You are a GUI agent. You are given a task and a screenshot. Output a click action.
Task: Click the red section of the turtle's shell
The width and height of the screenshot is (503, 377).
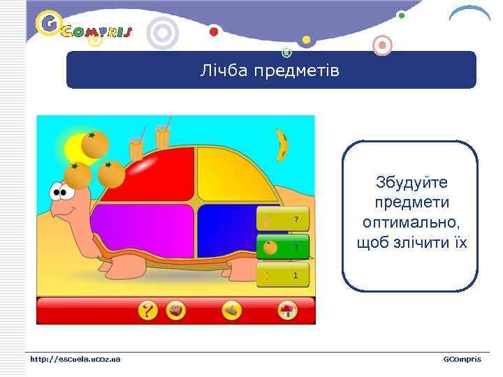point(164,175)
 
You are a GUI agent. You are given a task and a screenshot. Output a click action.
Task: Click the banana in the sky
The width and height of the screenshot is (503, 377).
point(282,145)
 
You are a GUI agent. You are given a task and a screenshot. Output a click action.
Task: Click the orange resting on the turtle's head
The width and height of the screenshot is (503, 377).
point(78,175)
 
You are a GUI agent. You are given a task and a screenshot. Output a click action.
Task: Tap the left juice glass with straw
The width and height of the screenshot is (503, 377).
point(136,147)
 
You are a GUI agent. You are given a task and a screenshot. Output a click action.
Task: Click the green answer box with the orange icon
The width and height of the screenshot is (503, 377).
point(282,247)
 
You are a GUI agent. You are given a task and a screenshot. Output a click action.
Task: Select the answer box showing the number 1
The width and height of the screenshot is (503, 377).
point(282,275)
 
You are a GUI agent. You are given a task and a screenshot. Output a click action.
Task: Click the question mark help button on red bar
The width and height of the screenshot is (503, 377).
point(147,311)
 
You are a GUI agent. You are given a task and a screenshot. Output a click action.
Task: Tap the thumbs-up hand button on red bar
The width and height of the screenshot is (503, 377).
point(232,311)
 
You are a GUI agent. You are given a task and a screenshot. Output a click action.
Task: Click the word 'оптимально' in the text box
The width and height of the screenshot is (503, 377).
point(411,222)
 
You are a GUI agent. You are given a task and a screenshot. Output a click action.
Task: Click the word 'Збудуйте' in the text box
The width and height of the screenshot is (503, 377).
point(411,182)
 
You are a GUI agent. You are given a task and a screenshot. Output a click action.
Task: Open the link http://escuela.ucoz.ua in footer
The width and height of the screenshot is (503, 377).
point(75,359)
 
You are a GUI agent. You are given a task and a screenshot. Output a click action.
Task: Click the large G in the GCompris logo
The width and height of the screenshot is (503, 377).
point(48,24)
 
